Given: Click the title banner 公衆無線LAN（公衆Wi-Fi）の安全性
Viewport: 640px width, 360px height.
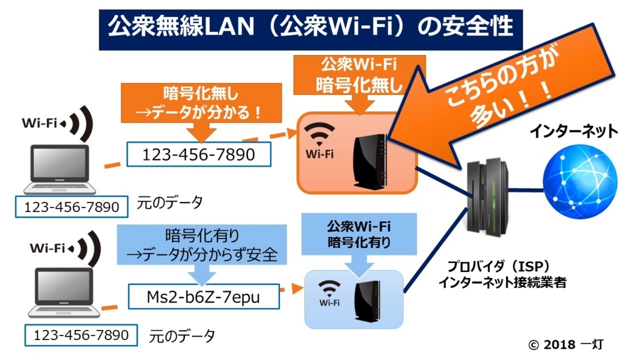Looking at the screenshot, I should [x=311, y=27].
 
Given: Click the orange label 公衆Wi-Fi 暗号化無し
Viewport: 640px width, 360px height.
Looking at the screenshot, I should [x=359, y=76].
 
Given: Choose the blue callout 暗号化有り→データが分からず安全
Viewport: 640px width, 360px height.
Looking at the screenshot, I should [x=201, y=246].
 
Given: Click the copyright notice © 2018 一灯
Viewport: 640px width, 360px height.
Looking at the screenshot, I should [x=566, y=344].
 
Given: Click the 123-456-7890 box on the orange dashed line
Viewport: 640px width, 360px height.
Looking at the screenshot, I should [x=199, y=154].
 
